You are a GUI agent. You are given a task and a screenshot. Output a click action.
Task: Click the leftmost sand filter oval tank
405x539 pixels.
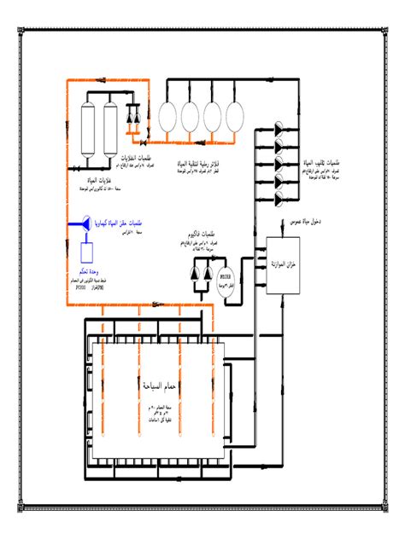(168, 119)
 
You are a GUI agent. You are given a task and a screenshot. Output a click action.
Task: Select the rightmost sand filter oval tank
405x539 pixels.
(235, 119)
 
